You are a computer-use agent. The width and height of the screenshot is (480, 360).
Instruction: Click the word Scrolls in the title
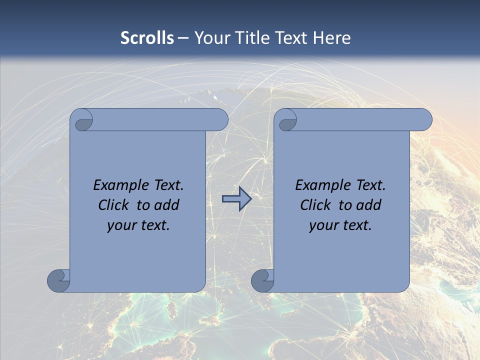(x=147, y=37)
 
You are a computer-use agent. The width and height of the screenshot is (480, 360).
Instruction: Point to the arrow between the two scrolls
(x=236, y=199)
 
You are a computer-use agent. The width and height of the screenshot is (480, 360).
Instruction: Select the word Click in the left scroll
(x=114, y=205)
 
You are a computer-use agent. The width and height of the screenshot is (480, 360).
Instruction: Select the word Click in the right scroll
(x=316, y=205)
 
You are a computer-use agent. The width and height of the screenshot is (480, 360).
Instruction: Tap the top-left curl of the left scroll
(x=82, y=120)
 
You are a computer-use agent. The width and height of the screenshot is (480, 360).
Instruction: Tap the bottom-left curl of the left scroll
(x=58, y=280)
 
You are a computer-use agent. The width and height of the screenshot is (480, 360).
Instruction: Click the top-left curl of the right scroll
(x=287, y=120)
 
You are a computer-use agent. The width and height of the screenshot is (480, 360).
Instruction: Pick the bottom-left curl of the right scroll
(x=262, y=280)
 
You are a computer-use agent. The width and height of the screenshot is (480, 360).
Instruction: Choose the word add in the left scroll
(x=166, y=205)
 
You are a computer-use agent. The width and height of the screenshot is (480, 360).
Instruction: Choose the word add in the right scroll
(x=368, y=205)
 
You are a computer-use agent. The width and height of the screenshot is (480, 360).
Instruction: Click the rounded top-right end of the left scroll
(x=220, y=120)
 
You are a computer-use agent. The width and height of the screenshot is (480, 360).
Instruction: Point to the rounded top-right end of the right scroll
(x=424, y=120)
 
